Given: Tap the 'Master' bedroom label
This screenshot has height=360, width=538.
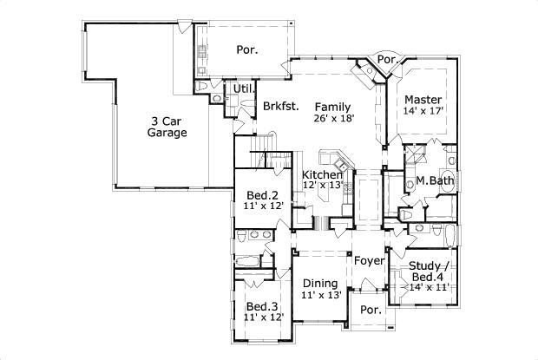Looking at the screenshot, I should point(423,99).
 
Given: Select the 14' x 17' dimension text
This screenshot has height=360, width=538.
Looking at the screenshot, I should point(423,112).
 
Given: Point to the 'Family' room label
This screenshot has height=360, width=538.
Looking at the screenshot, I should point(333,105).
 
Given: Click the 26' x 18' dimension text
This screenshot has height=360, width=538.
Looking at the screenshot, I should point(333,118).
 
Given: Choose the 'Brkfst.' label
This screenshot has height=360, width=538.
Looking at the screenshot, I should point(280,107).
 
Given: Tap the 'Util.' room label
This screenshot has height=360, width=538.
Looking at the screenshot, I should point(242,88).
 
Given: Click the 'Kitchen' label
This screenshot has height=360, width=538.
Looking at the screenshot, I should point(322,175).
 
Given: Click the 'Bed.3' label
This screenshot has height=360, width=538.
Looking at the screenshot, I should point(261,307).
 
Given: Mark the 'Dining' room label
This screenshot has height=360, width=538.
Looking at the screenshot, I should point(319,283).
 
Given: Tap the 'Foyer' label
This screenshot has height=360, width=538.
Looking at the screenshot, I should point(368,260).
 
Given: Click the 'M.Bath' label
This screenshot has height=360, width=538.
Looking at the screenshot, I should point(431,181).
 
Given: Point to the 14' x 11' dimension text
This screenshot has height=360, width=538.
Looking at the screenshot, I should point(423,287).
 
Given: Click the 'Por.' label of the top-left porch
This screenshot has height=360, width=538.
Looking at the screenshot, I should point(247,50).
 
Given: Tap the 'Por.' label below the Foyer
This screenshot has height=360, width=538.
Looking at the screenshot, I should point(371,310).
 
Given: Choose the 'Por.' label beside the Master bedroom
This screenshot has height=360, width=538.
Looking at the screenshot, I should point(387,60).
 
